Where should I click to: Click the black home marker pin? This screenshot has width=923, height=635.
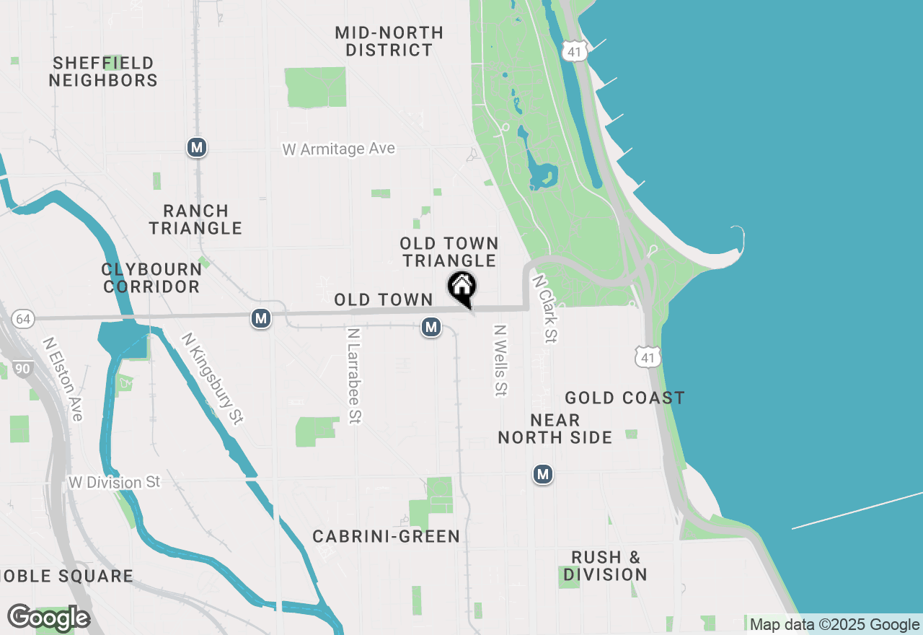pos(461,286)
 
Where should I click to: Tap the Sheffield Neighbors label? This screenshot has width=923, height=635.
pos(103,71)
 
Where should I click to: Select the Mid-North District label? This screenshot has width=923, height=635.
pos(389,41)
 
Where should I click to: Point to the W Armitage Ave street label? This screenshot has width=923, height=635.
pos(338,149)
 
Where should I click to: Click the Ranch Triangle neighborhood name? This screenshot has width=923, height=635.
pos(195,219)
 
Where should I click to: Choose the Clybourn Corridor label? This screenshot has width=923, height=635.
pos(151,278)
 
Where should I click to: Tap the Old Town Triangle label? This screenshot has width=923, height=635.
pos(449,252)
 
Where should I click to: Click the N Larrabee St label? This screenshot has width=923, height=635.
pos(353,375)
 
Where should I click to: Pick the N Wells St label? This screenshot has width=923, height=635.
pos(500,359)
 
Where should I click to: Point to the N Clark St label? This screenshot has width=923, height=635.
pos(545,307)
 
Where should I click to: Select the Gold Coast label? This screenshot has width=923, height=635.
pos(624,398)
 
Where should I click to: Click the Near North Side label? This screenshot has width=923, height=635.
pos(555,429)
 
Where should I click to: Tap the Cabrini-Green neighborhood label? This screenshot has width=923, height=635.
pos(386,536)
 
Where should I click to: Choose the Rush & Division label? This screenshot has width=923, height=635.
pos(605,566)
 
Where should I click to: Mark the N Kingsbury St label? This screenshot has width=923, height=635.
pos(212,377)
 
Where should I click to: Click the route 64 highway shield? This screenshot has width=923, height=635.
pos(23,318)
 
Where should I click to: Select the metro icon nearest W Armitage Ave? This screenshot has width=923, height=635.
pos(196,147)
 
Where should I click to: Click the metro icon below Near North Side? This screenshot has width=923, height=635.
pos(543,474)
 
